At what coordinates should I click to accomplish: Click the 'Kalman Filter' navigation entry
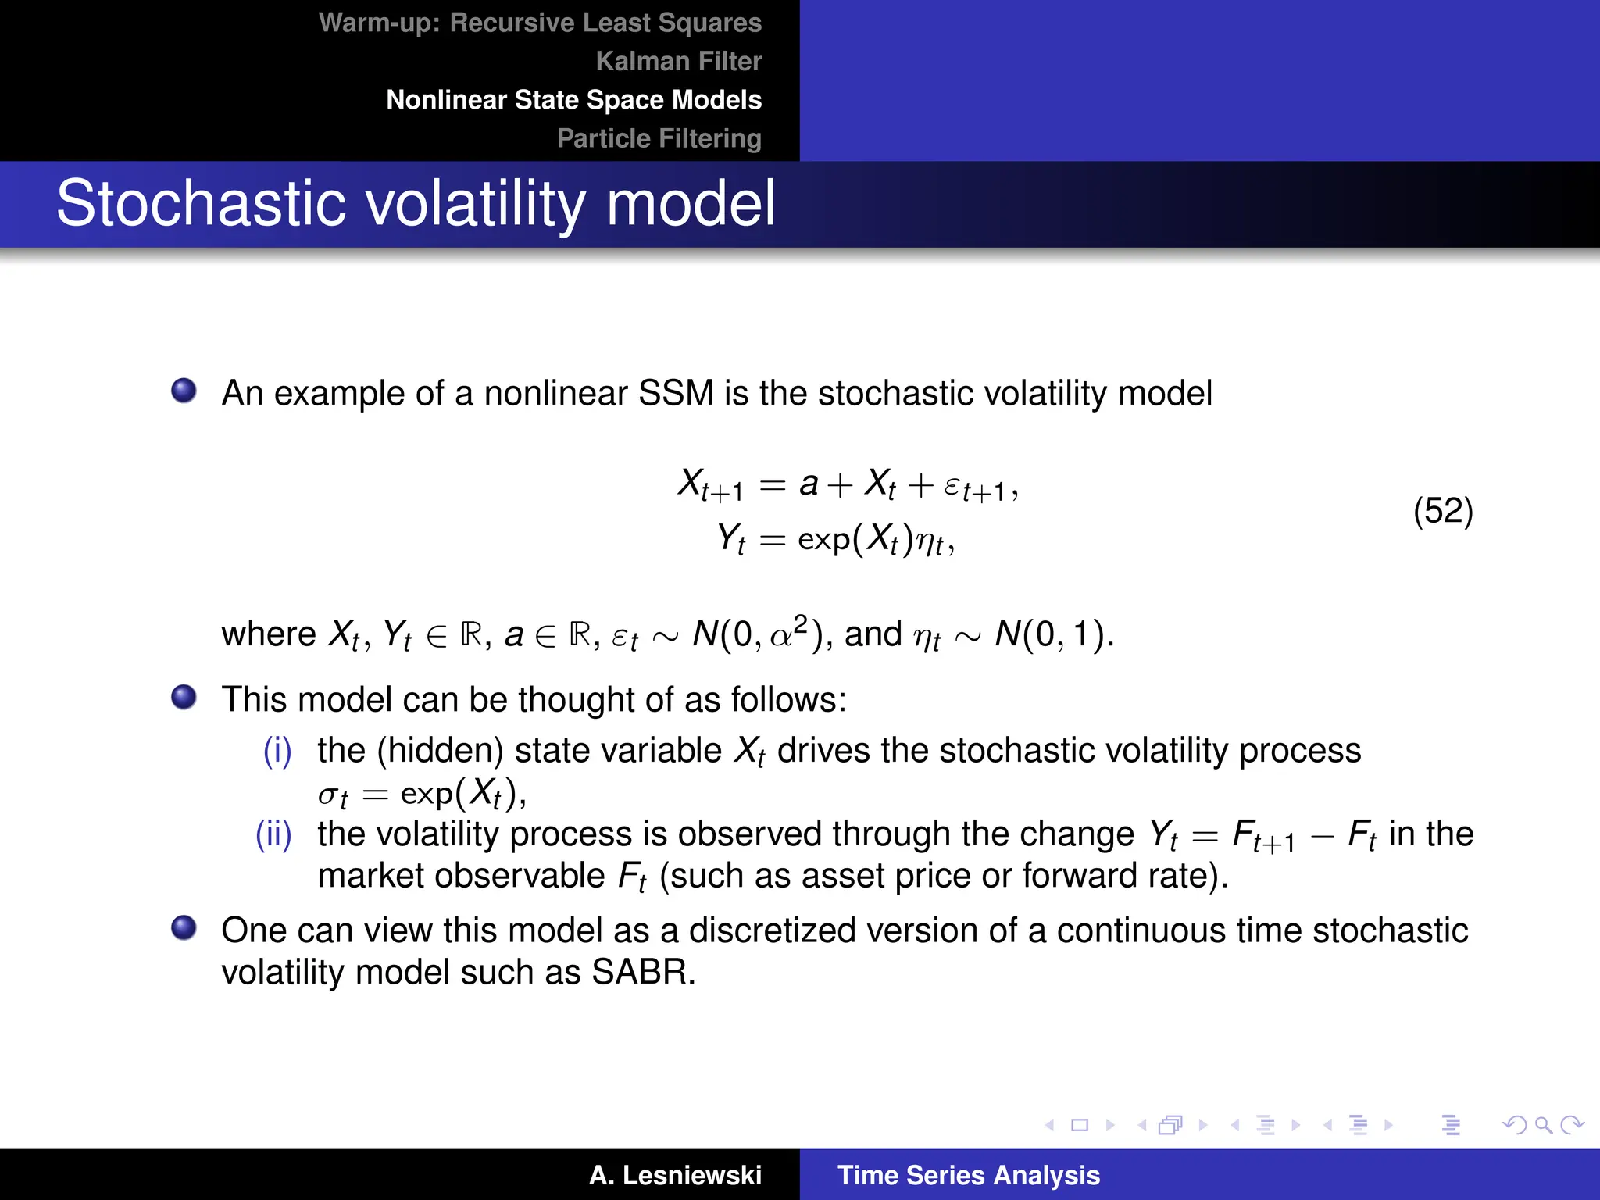pos(678,61)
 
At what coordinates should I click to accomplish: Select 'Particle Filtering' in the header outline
pos(659,138)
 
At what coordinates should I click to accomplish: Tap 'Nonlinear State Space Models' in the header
pos(573,100)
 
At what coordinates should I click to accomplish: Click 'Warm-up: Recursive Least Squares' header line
pos(540,23)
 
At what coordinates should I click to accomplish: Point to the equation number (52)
pos(1442,511)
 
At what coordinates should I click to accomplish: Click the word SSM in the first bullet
pos(676,393)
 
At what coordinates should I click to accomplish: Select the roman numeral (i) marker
pos(277,751)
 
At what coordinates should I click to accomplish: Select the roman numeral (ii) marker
pos(273,834)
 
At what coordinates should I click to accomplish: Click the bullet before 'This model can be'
pos(184,696)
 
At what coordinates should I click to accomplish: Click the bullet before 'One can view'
pos(184,927)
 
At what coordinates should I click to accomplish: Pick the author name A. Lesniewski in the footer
pos(675,1175)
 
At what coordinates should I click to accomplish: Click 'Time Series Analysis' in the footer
pos(968,1175)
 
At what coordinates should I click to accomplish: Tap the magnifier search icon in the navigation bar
pos(1542,1125)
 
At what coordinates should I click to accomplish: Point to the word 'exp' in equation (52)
pos(823,539)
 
